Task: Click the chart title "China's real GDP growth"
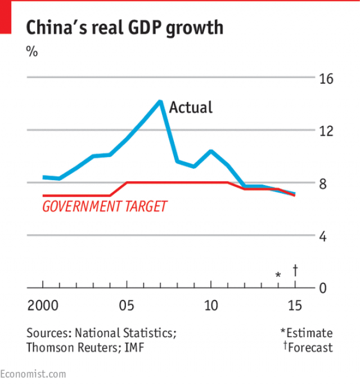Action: point(124,27)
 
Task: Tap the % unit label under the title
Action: point(32,51)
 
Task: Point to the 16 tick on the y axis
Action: point(326,78)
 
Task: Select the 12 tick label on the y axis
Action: point(326,131)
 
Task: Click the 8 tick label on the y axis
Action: point(323,183)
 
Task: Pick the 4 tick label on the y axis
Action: point(323,236)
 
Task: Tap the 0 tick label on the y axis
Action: point(323,288)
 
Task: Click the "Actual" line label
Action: point(191,107)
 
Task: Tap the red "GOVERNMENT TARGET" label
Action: point(105,206)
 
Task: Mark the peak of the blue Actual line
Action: point(160,101)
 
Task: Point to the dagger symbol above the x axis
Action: point(295,270)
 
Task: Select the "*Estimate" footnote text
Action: point(307,333)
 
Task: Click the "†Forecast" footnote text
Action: point(308,347)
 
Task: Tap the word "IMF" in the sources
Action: point(134,347)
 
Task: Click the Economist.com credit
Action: point(33,374)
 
